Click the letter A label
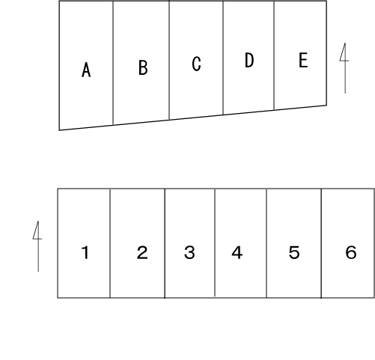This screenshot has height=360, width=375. pos(86,70)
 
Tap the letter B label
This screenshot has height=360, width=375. pos(143,67)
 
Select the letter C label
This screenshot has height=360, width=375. pos(196,64)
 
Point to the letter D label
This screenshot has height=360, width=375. pos(249,60)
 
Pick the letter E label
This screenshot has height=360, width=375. pos(303,60)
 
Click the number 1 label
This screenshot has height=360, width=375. pos(85,252)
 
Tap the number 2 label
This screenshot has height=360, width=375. pos(142,252)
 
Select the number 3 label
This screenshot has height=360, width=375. pos(189,252)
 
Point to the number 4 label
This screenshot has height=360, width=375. pos(237,252)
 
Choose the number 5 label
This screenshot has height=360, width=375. pos(294,252)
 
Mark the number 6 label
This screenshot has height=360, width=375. pos(351,252)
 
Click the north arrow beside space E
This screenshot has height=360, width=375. pos(345,68)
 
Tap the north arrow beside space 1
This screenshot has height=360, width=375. pos(38,246)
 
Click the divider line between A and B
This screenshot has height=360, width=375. pos(113,63)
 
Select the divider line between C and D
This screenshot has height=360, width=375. pos(223,58)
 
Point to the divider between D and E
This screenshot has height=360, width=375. pos(274,55)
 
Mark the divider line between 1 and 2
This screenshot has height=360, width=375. pos(110,243)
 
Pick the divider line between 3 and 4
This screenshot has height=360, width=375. pos(215,242)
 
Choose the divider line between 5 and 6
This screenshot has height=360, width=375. pos(321,243)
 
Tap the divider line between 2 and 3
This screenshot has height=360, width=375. pos(165,243)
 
